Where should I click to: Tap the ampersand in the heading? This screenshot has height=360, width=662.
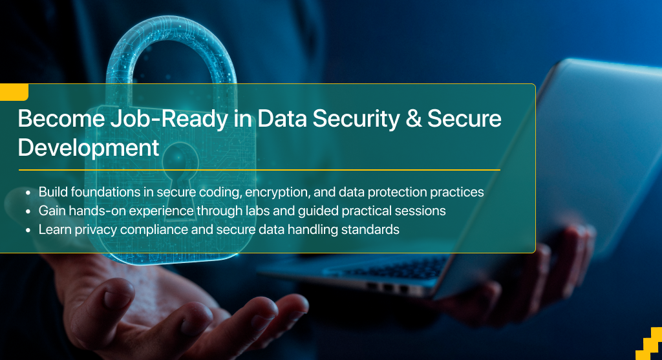click(414, 118)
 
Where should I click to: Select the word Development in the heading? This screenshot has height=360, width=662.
click(88, 149)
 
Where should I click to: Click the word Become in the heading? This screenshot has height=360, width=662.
click(61, 118)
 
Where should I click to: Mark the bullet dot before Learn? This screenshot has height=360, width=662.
click(28, 230)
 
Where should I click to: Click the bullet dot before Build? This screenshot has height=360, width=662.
click(28, 193)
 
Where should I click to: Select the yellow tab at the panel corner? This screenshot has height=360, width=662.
click(14, 92)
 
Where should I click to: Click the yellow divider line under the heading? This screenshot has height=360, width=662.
click(259, 170)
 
